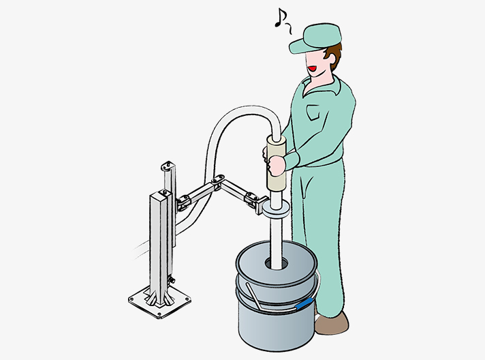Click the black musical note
point(279,18)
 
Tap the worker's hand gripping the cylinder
point(277,166)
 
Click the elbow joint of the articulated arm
point(218,182)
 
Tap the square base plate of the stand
point(159,300)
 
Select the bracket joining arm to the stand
point(183,201)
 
